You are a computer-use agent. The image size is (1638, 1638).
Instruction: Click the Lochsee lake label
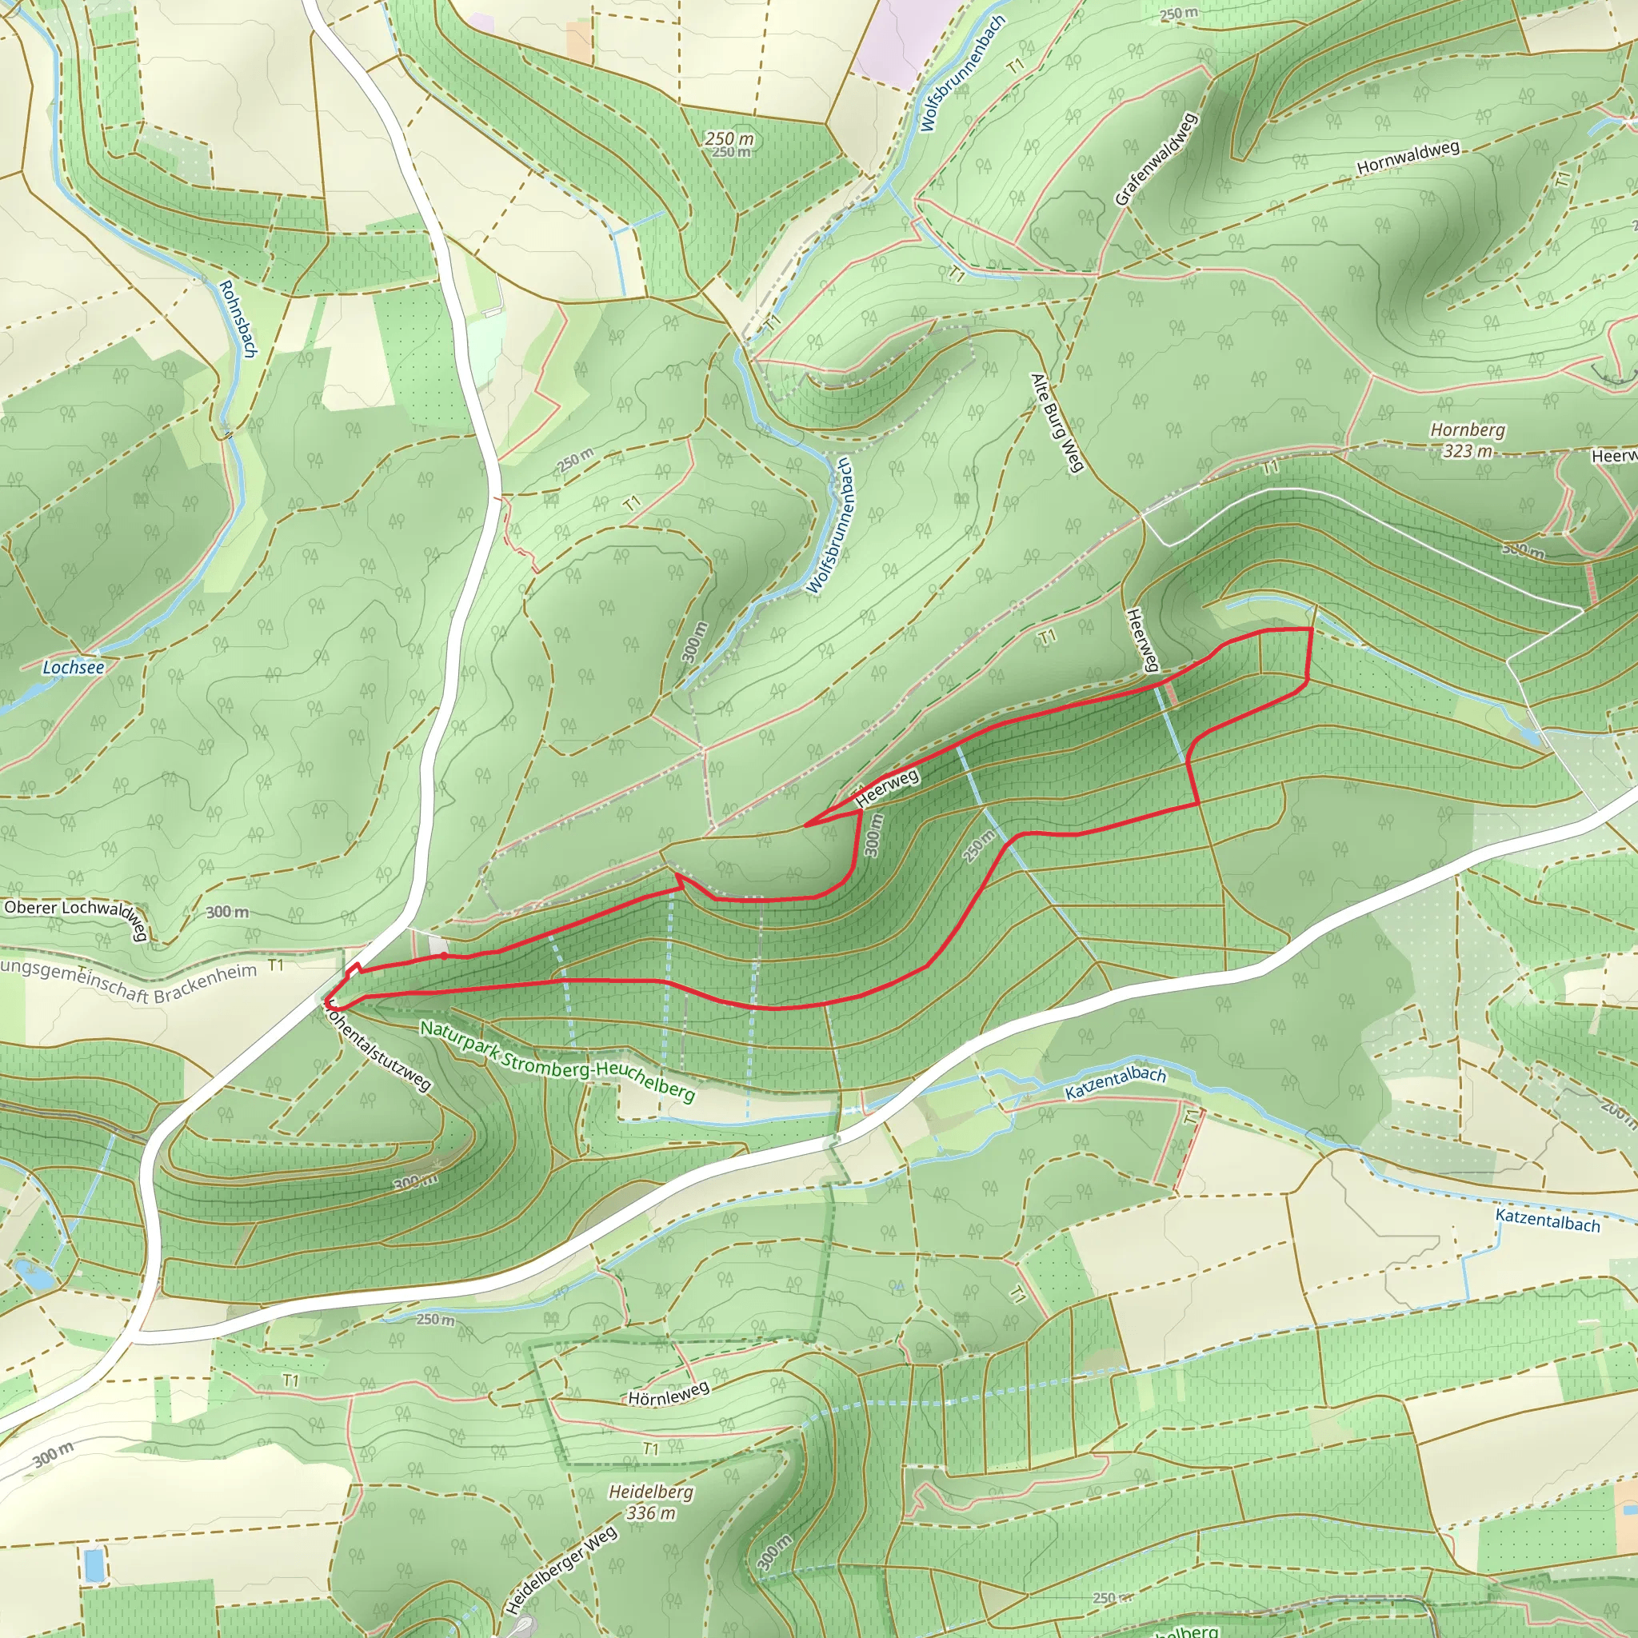[x=74, y=667]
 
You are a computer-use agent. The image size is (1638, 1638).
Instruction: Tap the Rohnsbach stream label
[x=238, y=319]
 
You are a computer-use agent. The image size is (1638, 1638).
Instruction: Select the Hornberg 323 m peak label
[x=1468, y=440]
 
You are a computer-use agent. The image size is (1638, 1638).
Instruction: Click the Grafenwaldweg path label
[x=1155, y=159]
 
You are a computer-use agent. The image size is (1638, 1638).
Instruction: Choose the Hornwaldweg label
[x=1408, y=158]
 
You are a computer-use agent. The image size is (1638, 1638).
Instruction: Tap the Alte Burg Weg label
[x=1057, y=421]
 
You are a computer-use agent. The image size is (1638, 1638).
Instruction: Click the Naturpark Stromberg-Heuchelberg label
[x=558, y=1061]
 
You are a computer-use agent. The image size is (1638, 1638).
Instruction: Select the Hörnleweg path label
[x=668, y=1393]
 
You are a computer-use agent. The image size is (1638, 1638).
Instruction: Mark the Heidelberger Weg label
[x=561, y=1569]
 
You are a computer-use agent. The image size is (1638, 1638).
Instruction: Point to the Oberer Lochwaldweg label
[x=76, y=917]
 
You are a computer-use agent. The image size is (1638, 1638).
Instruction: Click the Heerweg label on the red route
[x=887, y=788]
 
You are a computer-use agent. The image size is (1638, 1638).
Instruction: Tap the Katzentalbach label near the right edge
[x=1548, y=1220]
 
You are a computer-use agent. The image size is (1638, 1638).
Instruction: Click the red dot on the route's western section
[x=443, y=956]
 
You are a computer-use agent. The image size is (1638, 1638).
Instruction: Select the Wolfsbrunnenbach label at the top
[x=962, y=74]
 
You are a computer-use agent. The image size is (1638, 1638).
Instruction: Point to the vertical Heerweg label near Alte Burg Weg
[x=1142, y=639]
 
